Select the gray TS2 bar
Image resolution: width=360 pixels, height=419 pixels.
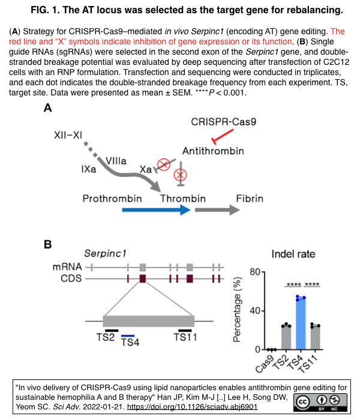(286, 337)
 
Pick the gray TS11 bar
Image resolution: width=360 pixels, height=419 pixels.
(315, 337)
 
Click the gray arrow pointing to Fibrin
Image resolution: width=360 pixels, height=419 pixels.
(214, 211)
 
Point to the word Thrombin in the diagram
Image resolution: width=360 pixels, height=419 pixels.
(183, 199)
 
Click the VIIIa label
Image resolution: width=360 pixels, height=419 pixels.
(116, 160)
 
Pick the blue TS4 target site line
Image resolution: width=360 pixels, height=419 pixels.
(128, 336)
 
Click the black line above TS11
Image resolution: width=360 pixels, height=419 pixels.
(185, 330)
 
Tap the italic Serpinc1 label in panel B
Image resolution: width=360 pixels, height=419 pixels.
(107, 254)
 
